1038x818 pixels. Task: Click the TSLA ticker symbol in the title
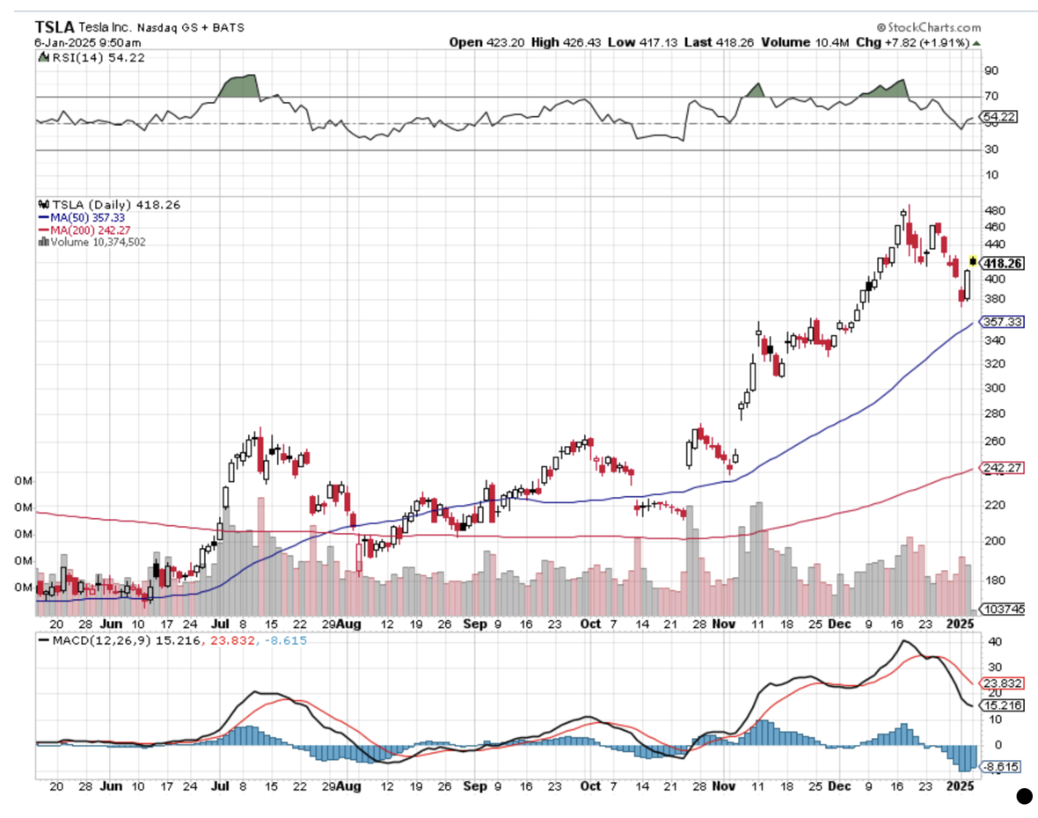[x=55, y=26]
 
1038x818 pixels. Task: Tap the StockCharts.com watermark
[x=928, y=28]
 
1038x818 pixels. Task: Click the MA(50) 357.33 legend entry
[x=79, y=216]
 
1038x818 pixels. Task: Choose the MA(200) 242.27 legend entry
[x=83, y=229]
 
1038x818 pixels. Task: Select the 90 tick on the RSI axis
[x=990, y=70]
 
